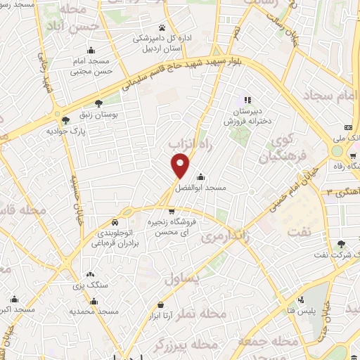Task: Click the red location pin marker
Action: [x=181, y=166]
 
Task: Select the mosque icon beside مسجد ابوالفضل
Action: [x=201, y=176]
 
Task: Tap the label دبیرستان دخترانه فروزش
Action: [x=247, y=116]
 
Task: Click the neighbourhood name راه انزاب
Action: [x=188, y=143]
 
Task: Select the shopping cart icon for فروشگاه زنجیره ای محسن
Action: [x=172, y=210]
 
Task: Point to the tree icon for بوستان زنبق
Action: [x=97, y=102]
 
